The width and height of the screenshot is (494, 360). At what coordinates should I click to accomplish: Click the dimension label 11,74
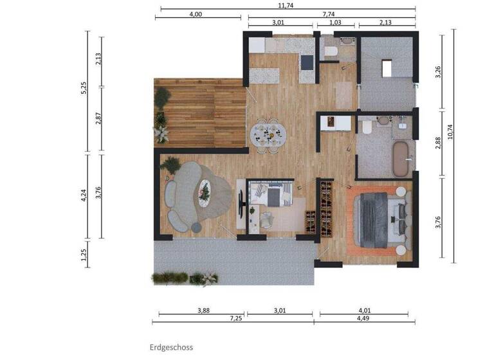tap(286, 5)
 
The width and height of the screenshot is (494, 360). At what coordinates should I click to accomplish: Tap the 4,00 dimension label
tap(196, 14)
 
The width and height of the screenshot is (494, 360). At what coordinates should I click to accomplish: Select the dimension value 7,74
tap(329, 14)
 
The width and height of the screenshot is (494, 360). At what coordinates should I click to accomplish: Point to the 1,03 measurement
tap(335, 22)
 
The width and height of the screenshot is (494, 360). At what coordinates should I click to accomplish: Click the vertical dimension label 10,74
tap(450, 132)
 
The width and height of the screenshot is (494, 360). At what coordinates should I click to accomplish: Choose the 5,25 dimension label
tap(84, 88)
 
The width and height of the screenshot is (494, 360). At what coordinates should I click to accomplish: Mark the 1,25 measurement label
tap(84, 255)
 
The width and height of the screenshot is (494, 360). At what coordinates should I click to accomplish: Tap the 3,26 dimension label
tap(437, 72)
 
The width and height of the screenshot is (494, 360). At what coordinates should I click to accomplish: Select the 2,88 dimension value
tap(437, 143)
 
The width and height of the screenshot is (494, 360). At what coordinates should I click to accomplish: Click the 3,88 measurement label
tap(203, 310)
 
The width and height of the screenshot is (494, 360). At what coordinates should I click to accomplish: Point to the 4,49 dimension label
tap(363, 318)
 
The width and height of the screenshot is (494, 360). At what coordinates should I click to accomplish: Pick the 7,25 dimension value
tap(235, 318)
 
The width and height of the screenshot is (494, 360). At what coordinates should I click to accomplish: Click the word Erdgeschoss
tap(171, 347)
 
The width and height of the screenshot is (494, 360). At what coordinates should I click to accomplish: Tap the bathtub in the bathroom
tap(401, 159)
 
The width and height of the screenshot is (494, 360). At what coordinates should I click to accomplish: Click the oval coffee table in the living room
tap(204, 193)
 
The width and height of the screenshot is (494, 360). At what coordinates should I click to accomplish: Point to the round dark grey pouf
tap(196, 228)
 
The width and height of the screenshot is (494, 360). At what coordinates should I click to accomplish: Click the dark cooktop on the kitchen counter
tap(307, 62)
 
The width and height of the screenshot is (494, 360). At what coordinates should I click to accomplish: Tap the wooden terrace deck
tap(200, 113)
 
